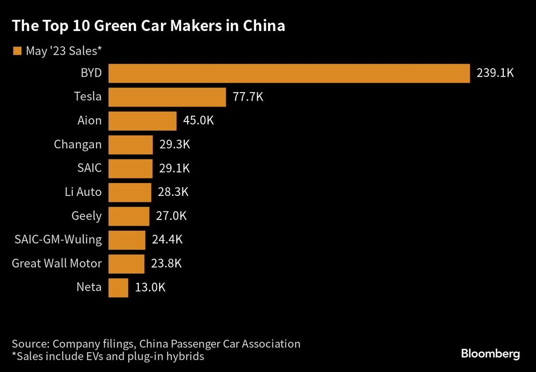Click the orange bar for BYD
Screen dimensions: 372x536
click(289, 73)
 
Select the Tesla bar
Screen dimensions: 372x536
click(167, 97)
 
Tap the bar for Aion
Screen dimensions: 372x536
click(143, 121)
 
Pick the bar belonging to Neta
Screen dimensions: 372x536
click(118, 287)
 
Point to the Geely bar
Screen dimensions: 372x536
click(129, 216)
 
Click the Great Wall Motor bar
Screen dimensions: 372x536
click(126, 264)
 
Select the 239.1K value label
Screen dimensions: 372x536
click(495, 73)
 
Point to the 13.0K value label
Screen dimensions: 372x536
click(150, 287)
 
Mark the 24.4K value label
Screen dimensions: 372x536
click(167, 240)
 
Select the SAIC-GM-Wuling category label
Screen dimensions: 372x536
click(58, 240)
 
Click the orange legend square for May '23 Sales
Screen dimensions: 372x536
click(17, 51)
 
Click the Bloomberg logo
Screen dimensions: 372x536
click(490, 354)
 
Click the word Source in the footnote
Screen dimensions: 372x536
click(30, 344)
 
